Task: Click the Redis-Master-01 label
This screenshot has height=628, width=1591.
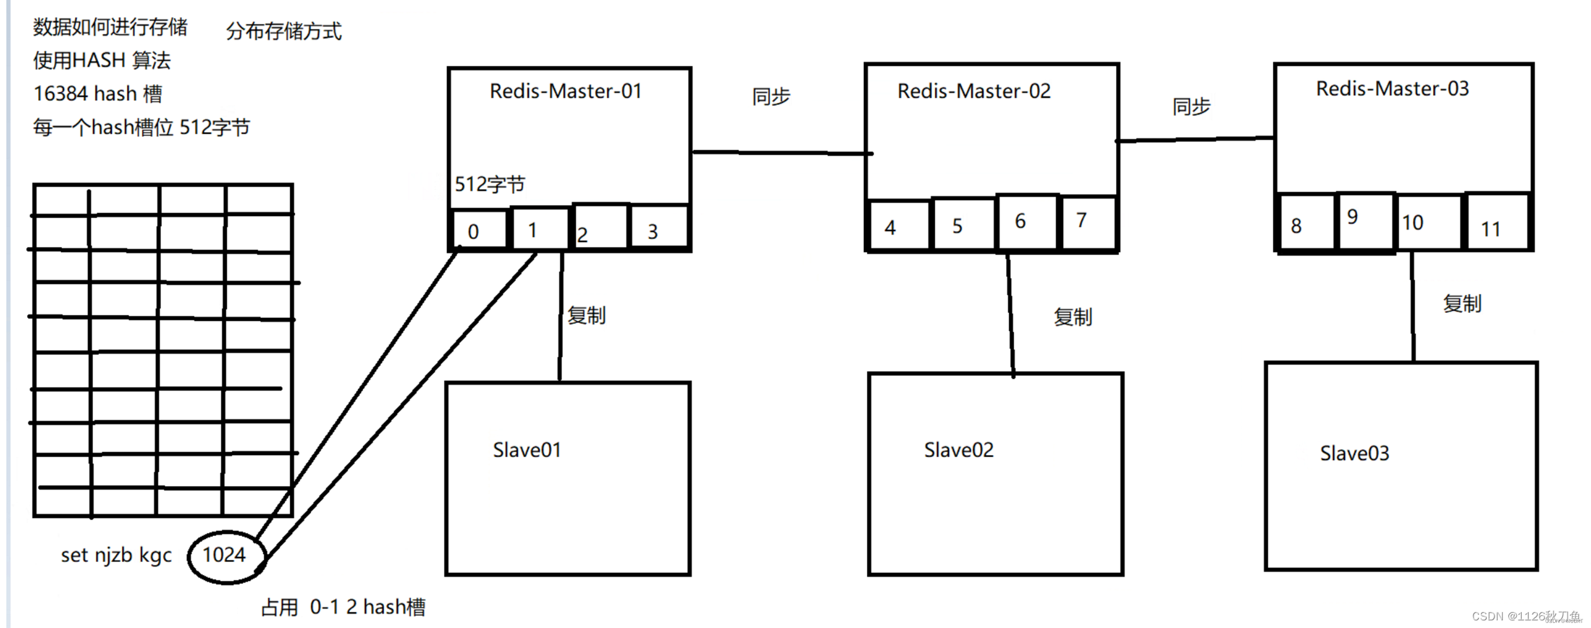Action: pos(566,92)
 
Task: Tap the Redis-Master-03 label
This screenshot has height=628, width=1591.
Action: pos(1392,89)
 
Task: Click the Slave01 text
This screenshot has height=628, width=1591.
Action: pos(527,450)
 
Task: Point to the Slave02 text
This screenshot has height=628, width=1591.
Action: pos(958,450)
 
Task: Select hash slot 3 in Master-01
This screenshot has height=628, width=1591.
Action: pos(653,231)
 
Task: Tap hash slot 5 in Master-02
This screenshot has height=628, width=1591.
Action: pos(957,226)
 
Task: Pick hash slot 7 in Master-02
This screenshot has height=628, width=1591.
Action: pos(1082,221)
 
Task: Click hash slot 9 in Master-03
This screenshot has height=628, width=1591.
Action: pos(1353,217)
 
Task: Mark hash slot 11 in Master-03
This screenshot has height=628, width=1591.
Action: pos(1491,229)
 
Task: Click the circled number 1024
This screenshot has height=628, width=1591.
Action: pos(224,555)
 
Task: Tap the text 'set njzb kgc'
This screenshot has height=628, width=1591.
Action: pos(116,555)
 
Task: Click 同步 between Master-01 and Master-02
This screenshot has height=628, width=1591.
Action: pos(771,97)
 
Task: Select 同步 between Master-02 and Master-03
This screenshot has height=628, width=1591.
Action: pos(1191,107)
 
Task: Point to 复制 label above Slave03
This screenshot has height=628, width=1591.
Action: pos(1462,304)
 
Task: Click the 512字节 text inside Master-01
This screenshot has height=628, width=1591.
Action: pos(490,184)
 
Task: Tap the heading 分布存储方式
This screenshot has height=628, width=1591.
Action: pos(284,31)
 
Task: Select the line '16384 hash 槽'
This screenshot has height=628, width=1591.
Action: pos(98,94)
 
